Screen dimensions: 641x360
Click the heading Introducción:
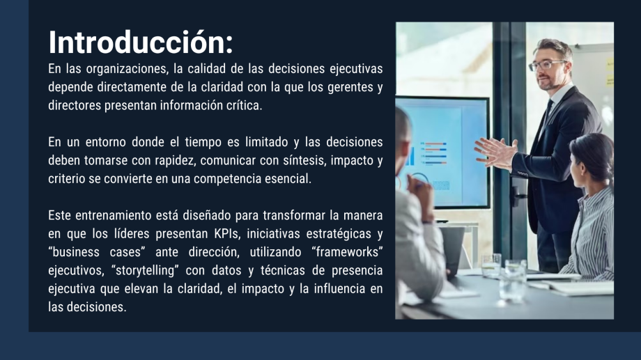click(x=141, y=42)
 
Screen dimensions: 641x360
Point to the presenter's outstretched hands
click(x=496, y=152)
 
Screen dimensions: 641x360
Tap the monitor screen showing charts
click(x=444, y=152)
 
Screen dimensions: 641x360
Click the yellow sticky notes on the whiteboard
click(x=610, y=72)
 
